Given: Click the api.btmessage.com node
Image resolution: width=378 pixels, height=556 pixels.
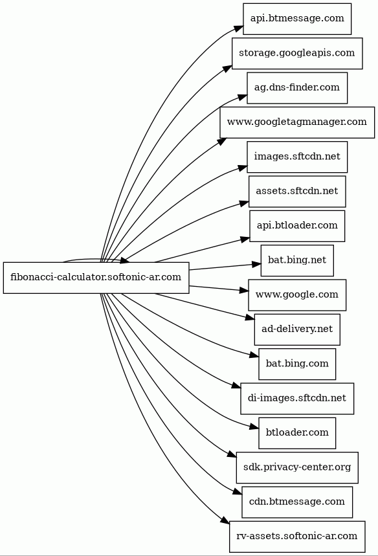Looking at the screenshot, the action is [297, 19].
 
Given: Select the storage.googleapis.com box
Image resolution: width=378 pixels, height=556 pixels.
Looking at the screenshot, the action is [297, 53].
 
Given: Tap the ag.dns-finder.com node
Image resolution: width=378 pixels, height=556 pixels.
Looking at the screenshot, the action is [297, 88].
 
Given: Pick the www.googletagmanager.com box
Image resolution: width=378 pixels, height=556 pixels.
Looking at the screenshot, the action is [297, 122].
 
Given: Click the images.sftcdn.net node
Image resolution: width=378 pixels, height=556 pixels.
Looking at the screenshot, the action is [297, 157].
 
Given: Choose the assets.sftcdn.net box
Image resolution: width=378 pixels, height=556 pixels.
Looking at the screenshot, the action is [297, 192].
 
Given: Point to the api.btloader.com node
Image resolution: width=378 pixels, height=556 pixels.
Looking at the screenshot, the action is [297, 226].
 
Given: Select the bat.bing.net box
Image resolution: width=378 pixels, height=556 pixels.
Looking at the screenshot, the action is [297, 260].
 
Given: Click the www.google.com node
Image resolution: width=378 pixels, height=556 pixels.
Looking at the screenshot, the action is [297, 295].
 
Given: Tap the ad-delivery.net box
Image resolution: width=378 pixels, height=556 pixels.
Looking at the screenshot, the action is [297, 329].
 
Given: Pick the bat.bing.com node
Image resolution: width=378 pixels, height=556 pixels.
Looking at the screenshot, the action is [297, 364].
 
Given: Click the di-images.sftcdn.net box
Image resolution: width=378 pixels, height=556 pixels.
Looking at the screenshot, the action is [297, 399].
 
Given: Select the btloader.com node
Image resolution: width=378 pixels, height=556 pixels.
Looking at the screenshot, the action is [297, 433].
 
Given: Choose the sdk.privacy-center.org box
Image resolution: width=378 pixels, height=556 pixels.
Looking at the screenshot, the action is [297, 467].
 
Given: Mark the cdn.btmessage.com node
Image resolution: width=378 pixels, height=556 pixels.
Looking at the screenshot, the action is [297, 502].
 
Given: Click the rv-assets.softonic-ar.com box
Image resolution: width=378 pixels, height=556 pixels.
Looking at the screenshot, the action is [297, 537].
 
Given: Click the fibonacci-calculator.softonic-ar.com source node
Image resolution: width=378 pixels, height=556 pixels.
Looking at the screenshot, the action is [96, 278].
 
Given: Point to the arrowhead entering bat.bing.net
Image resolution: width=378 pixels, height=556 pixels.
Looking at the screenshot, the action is [256, 265].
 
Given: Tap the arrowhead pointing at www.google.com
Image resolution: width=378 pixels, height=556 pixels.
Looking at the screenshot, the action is [244, 291].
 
